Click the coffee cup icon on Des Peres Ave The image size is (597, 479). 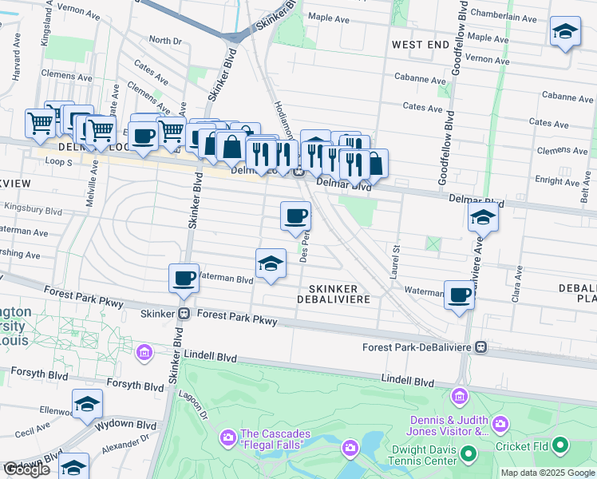pyautogui.click(x=295, y=216)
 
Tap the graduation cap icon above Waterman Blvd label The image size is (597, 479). pyautogui.click(x=271, y=263)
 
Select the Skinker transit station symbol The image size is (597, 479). pyautogui.click(x=183, y=314)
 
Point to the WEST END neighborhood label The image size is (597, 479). pyautogui.click(x=421, y=45)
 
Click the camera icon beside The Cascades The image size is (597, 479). pyautogui.click(x=227, y=437)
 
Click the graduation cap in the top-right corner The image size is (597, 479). pyautogui.click(x=564, y=31)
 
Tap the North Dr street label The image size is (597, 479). pyautogui.click(x=165, y=40)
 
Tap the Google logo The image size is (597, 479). pyautogui.click(x=27, y=469)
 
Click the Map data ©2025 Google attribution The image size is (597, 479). pyautogui.click(x=548, y=473)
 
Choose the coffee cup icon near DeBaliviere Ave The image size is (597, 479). pyautogui.click(x=460, y=295)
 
